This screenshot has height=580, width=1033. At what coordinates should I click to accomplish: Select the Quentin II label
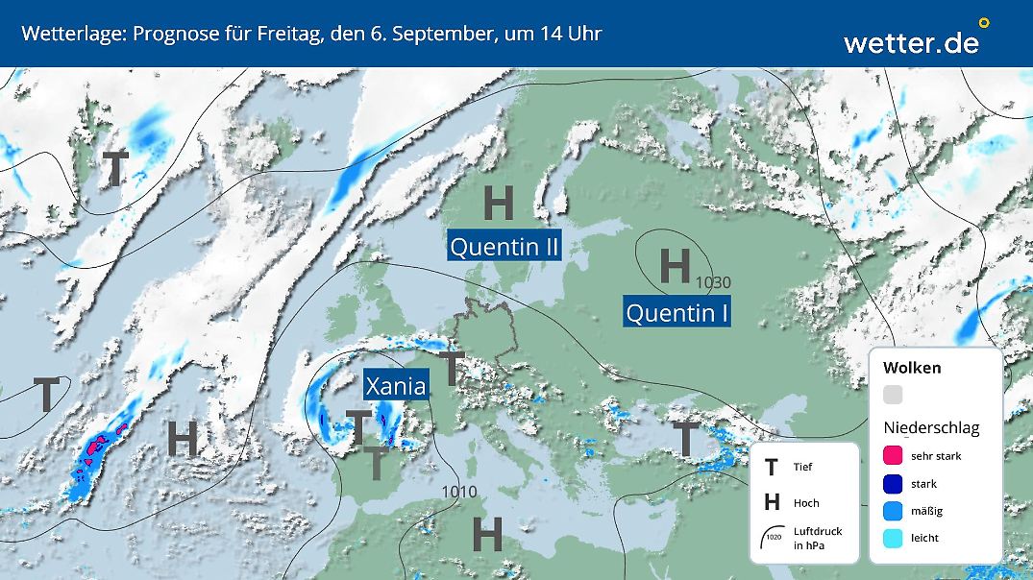[505, 247]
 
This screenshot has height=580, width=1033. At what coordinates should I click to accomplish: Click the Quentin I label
[676, 312]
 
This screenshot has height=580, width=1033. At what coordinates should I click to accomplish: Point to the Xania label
[396, 386]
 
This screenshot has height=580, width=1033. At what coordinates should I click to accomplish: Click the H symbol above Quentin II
[498, 203]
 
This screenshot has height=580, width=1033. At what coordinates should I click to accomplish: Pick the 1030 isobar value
[714, 282]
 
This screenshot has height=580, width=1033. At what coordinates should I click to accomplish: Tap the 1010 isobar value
[459, 493]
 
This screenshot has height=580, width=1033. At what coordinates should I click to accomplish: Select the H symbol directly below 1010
[487, 534]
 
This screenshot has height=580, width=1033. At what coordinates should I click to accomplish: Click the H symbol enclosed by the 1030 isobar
[675, 265]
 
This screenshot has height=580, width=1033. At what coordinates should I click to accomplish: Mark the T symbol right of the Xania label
[452, 368]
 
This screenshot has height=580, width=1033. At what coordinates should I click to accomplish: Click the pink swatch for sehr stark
[893, 456]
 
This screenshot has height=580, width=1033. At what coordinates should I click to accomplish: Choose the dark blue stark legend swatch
[893, 484]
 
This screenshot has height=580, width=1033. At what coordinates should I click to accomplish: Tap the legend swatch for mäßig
[893, 511]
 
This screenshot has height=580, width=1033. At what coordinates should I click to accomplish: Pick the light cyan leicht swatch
[893, 538]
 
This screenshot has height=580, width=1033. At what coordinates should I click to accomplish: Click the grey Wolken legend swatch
[893, 395]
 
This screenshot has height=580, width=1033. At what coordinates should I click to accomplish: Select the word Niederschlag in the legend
[931, 427]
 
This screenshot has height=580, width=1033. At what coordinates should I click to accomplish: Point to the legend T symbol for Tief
[771, 468]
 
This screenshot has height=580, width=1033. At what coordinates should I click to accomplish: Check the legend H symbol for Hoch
[771, 502]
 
